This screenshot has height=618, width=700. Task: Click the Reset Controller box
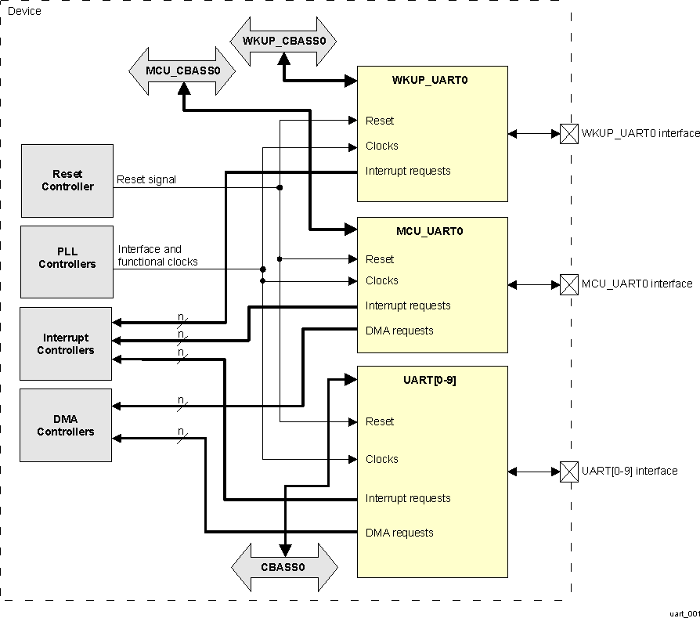[67, 181]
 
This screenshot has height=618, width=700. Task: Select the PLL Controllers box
[67, 262]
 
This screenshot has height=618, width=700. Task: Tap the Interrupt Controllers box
[67, 344]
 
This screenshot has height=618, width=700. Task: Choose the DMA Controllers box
[67, 425]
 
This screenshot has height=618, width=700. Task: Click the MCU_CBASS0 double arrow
[182, 70]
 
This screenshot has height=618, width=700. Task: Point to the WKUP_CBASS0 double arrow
[283, 41]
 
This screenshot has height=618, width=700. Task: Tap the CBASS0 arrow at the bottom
[284, 567]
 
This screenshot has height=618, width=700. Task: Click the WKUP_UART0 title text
[430, 80]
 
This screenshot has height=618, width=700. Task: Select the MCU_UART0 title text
[430, 231]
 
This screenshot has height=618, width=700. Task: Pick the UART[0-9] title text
[430, 380]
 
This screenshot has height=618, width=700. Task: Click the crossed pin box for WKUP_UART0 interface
[569, 134]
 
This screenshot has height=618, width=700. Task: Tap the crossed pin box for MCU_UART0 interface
[569, 284]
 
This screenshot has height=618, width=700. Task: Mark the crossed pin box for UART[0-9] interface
[569, 472]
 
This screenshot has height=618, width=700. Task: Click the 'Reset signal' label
[146, 179]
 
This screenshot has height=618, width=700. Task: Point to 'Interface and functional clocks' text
[157, 255]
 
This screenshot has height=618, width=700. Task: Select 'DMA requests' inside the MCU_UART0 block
[399, 331]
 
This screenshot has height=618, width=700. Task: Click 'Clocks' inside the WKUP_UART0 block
[382, 146]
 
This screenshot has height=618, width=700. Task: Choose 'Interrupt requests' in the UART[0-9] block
[408, 498]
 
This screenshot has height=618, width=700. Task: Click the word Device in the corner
[24, 11]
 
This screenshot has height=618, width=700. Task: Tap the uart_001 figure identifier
[684, 612]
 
